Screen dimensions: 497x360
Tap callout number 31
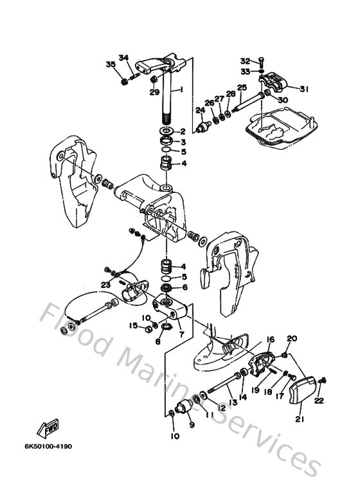pyautogui.click(x=304, y=89)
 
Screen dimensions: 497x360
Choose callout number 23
pyautogui.click(x=105, y=284)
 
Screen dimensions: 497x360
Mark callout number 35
pyautogui.click(x=111, y=64)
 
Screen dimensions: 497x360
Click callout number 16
pyautogui.click(x=270, y=339)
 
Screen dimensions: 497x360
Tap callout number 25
pyautogui.click(x=242, y=87)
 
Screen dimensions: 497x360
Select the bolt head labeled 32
pyautogui.click(x=262, y=61)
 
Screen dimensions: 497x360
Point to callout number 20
pyautogui.click(x=292, y=339)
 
